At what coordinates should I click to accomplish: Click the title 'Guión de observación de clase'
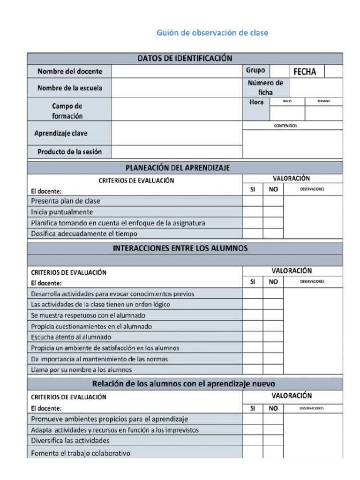click(212, 33)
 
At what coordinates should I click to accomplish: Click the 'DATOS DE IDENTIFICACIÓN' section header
click(185, 59)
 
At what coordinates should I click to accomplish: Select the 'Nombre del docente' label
click(69, 71)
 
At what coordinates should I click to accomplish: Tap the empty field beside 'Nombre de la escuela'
click(177, 88)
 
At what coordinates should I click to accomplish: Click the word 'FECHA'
click(305, 72)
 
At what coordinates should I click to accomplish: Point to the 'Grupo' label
click(255, 71)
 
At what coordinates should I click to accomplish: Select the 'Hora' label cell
click(256, 102)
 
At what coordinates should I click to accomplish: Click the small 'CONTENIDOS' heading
click(285, 126)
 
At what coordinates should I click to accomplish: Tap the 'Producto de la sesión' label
click(69, 152)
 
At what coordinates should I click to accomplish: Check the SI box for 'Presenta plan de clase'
click(253, 201)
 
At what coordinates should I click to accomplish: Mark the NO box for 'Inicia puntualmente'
click(273, 212)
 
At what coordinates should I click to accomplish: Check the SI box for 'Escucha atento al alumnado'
click(253, 337)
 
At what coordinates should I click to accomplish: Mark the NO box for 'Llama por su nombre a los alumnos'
click(273, 370)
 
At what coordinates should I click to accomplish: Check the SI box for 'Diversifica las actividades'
click(253, 441)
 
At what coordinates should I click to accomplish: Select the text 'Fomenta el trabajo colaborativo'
click(81, 453)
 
